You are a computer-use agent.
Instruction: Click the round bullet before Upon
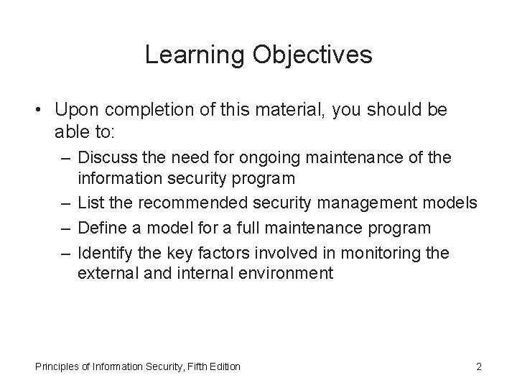click(x=42, y=111)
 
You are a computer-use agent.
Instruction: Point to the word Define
click(x=102, y=228)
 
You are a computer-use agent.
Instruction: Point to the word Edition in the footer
click(x=223, y=367)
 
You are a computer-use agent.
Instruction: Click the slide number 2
click(x=478, y=367)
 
